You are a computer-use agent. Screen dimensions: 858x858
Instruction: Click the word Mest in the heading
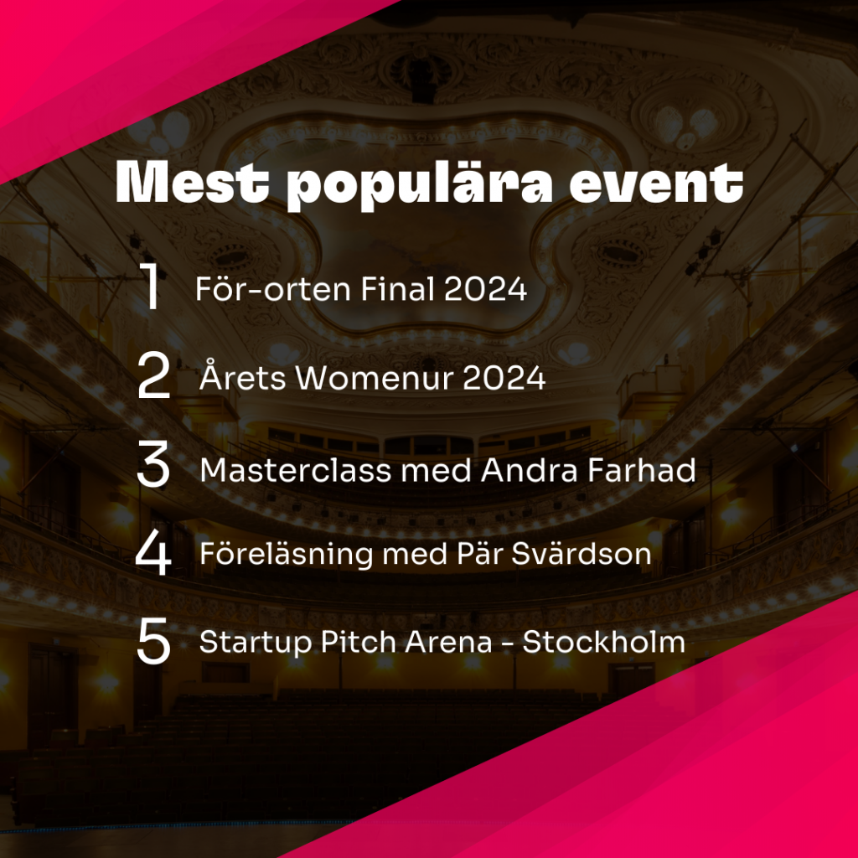click(x=192, y=183)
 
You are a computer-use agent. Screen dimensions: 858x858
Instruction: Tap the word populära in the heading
click(x=420, y=184)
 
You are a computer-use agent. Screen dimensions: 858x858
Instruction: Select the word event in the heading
click(x=656, y=183)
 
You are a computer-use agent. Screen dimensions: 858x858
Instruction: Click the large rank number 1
click(x=151, y=287)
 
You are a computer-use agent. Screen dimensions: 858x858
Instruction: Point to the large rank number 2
click(x=154, y=376)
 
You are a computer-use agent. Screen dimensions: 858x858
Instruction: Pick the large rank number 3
click(x=153, y=465)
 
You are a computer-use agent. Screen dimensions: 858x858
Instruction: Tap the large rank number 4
click(x=153, y=553)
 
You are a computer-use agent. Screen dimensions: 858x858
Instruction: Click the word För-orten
click(x=273, y=288)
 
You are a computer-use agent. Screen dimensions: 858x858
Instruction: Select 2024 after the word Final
click(x=485, y=288)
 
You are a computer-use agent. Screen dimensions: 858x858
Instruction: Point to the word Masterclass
click(x=296, y=470)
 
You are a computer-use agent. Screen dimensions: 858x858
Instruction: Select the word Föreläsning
click(x=287, y=553)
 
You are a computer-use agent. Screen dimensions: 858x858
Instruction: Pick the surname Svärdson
click(x=581, y=553)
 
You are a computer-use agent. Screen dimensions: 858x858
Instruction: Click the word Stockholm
click(x=603, y=641)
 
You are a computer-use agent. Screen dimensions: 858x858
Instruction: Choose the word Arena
click(x=448, y=642)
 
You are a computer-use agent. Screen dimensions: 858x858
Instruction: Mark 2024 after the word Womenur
click(x=504, y=378)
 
